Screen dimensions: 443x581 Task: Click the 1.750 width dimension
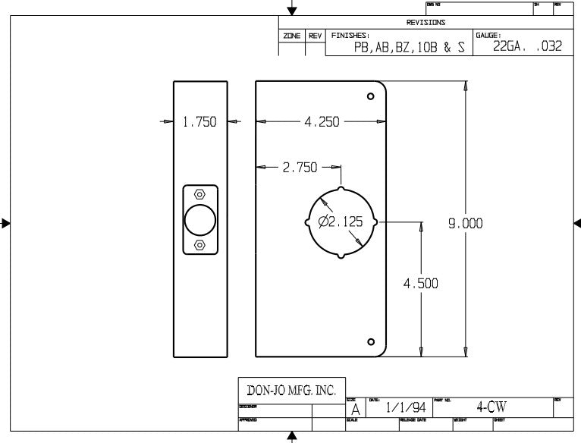(x=200, y=121)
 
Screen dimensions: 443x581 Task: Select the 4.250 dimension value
(x=322, y=121)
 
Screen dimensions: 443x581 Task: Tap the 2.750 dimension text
(x=300, y=168)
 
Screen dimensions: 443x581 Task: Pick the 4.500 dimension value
(x=420, y=284)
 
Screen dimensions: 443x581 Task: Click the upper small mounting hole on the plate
(x=371, y=96)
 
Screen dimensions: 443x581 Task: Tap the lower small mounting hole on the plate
(x=371, y=341)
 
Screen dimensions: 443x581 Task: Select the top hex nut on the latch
(x=199, y=194)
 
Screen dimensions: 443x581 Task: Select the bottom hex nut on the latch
(x=199, y=245)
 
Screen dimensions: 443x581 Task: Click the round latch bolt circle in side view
(x=200, y=220)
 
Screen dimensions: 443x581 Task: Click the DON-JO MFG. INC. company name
(x=291, y=391)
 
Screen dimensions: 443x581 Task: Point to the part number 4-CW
(x=491, y=407)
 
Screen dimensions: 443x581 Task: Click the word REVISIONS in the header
(x=426, y=23)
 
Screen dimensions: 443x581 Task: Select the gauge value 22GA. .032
(x=527, y=46)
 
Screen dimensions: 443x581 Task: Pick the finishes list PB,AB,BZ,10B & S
(x=409, y=47)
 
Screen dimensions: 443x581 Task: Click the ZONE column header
(x=292, y=36)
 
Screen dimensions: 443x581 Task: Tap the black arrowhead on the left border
(x=5, y=223)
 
